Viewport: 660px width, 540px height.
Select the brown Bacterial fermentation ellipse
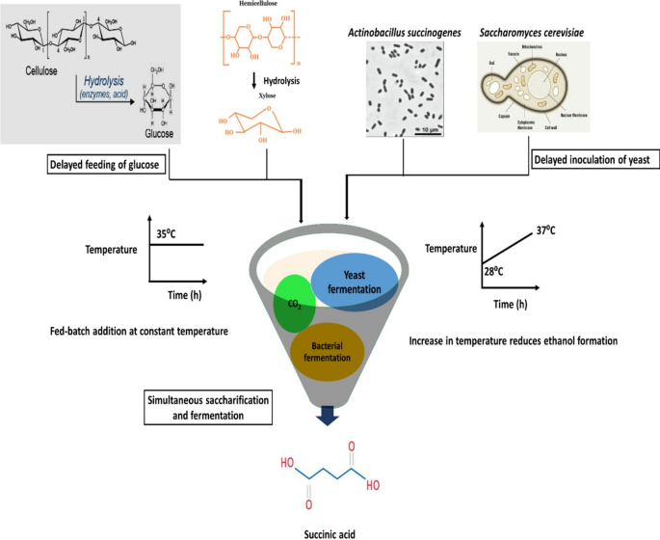pos(330,352)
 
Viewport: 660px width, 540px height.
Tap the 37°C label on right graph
pos(547,230)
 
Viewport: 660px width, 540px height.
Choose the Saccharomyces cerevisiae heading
pos(532,33)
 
